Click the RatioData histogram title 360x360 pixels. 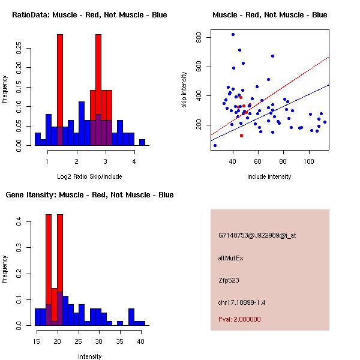[x=89, y=14]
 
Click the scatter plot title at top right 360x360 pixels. [x=269, y=14]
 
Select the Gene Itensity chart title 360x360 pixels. [x=89, y=195]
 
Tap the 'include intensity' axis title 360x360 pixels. [x=269, y=176]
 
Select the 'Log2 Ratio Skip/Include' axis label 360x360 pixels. [x=89, y=176]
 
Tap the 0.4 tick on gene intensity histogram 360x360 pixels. [x=18, y=222]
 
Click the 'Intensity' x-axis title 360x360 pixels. [x=89, y=356]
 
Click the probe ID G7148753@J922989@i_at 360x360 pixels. [x=257, y=236]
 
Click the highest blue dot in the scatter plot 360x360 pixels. [x=233, y=35]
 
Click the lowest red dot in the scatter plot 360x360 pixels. [x=241, y=136]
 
